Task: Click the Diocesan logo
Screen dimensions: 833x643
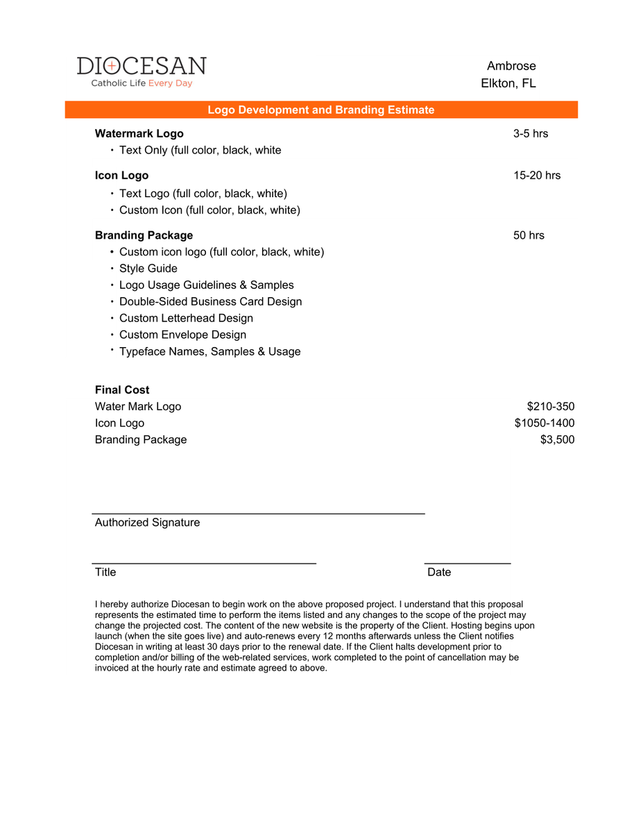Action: point(142,71)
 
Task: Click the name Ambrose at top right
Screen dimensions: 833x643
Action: point(511,66)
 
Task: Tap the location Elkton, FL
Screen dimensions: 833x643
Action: point(508,83)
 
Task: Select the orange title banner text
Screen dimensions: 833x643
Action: point(321,110)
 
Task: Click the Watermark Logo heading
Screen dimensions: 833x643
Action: point(139,133)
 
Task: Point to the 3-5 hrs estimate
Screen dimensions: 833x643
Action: point(531,133)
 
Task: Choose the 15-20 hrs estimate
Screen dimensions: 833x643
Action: point(537,175)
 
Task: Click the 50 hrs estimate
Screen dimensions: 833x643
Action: point(529,235)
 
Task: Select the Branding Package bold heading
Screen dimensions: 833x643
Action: point(144,235)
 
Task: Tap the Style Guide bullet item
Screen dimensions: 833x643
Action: point(148,269)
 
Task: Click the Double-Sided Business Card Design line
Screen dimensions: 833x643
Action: point(210,301)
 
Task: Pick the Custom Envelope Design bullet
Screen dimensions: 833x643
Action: point(182,335)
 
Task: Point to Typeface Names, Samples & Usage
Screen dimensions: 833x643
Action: point(209,351)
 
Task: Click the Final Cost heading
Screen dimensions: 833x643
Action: point(122,390)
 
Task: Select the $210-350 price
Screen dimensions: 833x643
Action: point(551,407)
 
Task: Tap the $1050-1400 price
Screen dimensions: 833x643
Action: point(545,423)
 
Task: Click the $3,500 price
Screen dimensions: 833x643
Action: point(557,440)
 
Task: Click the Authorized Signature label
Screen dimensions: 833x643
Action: point(147,523)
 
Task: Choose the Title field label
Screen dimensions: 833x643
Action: point(105,572)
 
